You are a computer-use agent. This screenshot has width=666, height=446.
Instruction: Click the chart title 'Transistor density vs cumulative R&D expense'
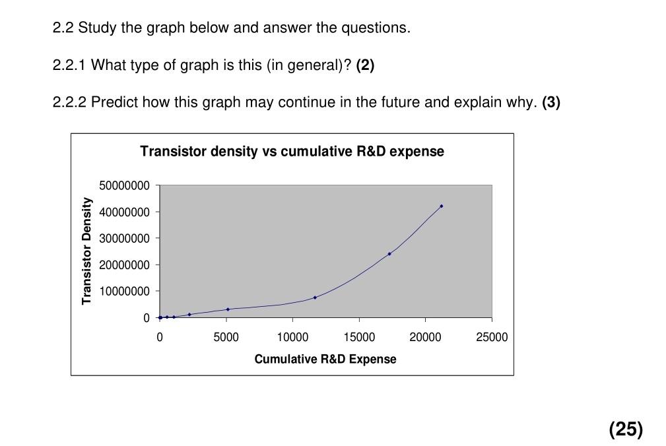pyautogui.click(x=292, y=152)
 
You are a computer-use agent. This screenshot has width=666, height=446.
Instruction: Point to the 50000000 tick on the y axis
pyautogui.click(x=125, y=185)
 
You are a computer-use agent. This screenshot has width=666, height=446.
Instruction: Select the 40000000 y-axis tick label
pyautogui.click(x=125, y=212)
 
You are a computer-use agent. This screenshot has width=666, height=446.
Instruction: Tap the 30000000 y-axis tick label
pyautogui.click(x=125, y=238)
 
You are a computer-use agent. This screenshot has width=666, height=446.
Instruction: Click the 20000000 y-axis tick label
pyautogui.click(x=125, y=265)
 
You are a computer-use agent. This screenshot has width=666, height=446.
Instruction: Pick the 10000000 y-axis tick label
pyautogui.click(x=125, y=291)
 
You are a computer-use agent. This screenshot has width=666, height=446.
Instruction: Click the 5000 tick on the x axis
pyautogui.click(x=226, y=337)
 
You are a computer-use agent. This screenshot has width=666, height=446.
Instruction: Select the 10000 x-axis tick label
pyautogui.click(x=292, y=337)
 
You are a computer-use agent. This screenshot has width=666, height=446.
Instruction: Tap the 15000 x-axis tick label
pyautogui.click(x=359, y=337)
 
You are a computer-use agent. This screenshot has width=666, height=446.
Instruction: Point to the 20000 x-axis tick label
pyautogui.click(x=425, y=337)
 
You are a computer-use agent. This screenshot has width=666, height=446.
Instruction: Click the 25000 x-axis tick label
pyautogui.click(x=492, y=337)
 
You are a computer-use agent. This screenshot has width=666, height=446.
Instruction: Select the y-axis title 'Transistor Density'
pyautogui.click(x=86, y=251)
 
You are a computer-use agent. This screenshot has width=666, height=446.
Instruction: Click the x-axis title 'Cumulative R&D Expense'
pyautogui.click(x=325, y=360)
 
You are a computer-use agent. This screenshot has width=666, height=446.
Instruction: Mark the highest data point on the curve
pyautogui.click(x=442, y=206)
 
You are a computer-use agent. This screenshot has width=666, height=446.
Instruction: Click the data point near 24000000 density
pyautogui.click(x=389, y=253)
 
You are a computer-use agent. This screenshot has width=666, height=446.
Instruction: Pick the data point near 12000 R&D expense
pyautogui.click(x=315, y=298)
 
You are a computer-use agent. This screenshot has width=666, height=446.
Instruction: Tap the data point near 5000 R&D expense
pyautogui.click(x=228, y=309)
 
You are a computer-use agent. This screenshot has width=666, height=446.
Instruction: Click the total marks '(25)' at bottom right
pyautogui.click(x=626, y=430)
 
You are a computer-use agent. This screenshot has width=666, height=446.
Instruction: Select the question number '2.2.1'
pyautogui.click(x=69, y=65)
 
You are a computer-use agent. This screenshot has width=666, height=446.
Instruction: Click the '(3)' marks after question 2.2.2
pyautogui.click(x=550, y=102)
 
